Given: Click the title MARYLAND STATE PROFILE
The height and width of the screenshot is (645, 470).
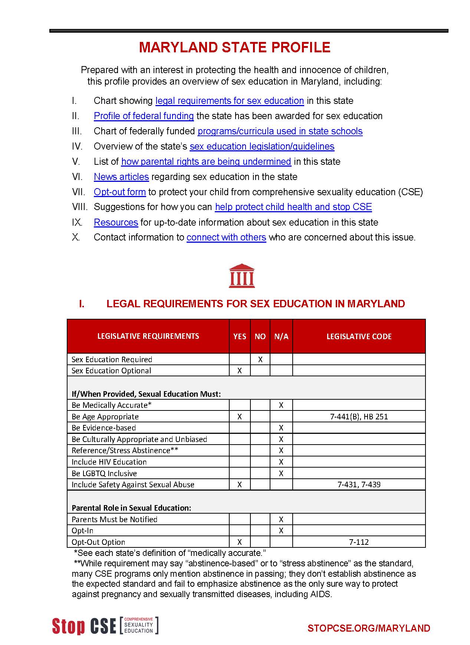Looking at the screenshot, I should coord(234,48).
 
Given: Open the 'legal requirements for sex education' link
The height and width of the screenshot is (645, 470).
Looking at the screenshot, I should coord(229,101).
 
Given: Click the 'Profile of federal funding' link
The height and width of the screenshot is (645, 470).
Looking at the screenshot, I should coord(144,116).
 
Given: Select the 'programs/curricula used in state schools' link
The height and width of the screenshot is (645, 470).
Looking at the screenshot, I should coord(280,131).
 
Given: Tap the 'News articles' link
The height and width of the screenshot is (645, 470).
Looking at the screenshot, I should coord(121,177).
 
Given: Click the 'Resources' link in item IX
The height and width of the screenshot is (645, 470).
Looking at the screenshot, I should coord(116,223).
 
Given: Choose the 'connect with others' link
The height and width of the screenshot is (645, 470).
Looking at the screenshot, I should coord(226,238).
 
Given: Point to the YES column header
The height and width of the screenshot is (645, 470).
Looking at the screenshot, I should coord(240,337).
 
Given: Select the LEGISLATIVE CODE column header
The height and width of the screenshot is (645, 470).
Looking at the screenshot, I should coord(359,337).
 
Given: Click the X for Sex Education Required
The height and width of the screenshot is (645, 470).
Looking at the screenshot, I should coord(260,360).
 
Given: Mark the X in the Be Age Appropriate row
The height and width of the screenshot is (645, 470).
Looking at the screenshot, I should coord(240,417).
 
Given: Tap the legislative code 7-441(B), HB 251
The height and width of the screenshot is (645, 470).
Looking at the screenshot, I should coord(359,417).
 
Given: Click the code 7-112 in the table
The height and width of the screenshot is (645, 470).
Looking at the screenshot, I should coord(359,542).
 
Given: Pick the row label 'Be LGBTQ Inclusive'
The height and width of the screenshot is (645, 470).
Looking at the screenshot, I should coord(104,474).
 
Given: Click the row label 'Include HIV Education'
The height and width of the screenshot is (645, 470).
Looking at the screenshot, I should coord(109,462).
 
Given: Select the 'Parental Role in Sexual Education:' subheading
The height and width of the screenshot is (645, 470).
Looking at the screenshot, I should coord(131,508).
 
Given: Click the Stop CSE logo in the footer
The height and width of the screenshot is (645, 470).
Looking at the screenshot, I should coord(105,626).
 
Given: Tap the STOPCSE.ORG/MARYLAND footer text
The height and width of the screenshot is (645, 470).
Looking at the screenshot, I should coord(369,628).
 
